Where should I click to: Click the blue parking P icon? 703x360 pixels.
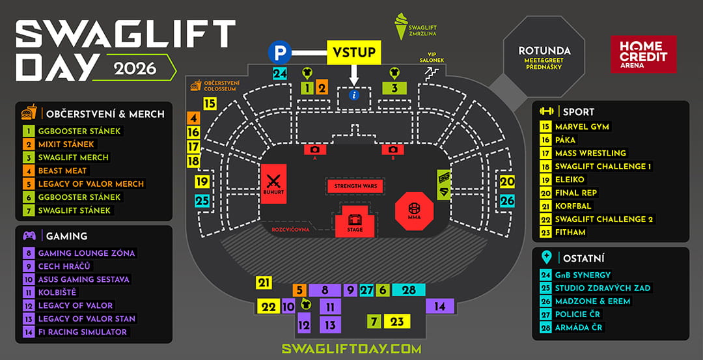280,53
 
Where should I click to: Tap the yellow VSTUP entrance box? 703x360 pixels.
354,53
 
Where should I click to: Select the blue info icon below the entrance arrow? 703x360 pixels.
354,95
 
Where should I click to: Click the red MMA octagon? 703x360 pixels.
414,211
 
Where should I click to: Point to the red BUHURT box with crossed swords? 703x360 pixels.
273,184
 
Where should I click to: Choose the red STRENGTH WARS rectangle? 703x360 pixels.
355,186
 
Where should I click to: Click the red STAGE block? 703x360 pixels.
354,222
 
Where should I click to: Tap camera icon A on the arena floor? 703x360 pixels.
315,150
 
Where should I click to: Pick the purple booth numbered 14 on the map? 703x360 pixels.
440,307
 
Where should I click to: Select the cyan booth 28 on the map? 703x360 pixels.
408,290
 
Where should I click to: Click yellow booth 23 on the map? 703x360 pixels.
397,322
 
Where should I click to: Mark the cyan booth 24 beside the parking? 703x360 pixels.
280,74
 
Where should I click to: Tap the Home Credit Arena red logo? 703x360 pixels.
643,54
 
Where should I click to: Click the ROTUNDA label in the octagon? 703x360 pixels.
544,50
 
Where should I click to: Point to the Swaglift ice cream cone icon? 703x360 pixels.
402,25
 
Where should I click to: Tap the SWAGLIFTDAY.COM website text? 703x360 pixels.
351,349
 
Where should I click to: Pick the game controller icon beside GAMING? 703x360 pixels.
29,236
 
